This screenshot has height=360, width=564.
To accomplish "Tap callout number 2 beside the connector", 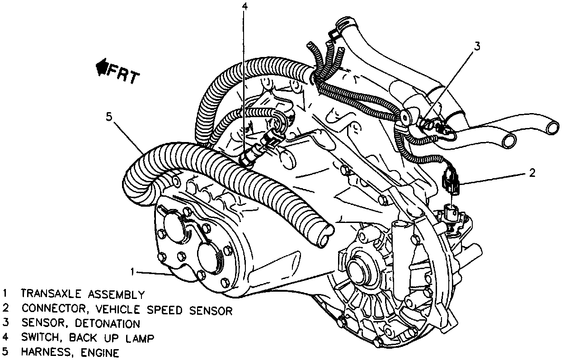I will (532, 172).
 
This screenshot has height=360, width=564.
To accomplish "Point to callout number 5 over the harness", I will (108, 117).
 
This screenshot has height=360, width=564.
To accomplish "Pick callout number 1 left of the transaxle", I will (132, 271).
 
